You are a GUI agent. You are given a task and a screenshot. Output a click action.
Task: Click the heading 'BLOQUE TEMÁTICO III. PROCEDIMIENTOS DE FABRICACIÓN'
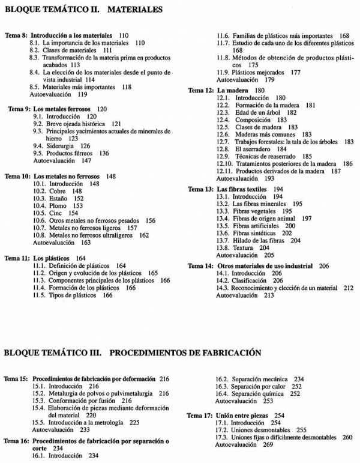pyautogui.click(x=132, y=353)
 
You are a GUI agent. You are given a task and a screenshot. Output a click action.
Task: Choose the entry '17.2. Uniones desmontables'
pyautogui.click(x=262, y=430)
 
